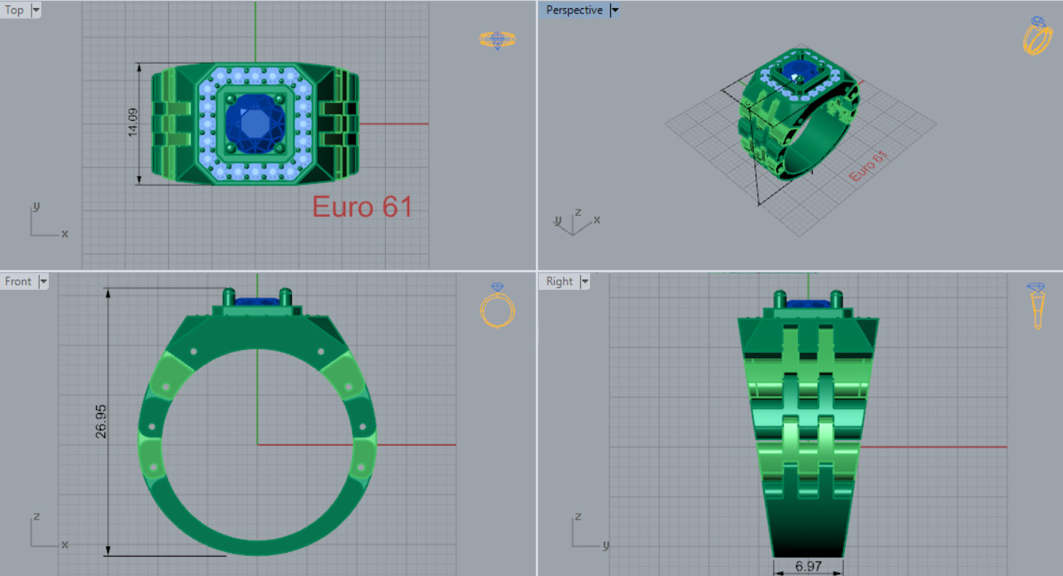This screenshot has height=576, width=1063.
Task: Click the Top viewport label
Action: pos(14,10)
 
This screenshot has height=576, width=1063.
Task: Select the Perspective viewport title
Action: pos(574,10)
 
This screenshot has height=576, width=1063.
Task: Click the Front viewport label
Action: pos(18,281)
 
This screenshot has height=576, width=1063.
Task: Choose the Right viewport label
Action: pos(559,281)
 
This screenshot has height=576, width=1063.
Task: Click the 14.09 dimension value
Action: pos(133,122)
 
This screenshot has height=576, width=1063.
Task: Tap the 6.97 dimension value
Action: pos(808,566)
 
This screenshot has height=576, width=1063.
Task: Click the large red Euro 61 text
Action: pos(362,207)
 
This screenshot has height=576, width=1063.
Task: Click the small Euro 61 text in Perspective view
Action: pos(868,165)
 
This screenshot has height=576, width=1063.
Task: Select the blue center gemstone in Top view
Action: pos(255,123)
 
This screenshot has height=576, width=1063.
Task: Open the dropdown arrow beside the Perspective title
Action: pos(615,10)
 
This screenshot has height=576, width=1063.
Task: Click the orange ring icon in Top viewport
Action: pos(497,39)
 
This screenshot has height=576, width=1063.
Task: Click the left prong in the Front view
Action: pos(229,296)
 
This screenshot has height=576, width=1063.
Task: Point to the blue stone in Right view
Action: pos(807,303)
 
